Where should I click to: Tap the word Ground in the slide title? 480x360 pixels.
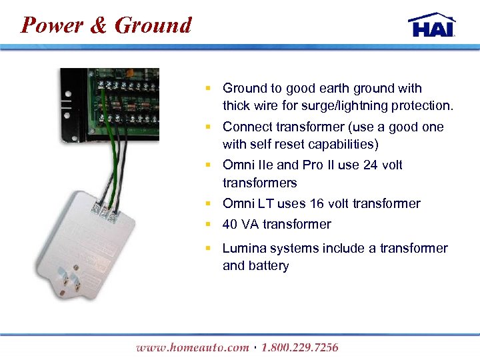pos(153,25)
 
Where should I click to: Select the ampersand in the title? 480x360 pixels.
pos(98,25)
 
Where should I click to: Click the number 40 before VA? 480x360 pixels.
pos(231,224)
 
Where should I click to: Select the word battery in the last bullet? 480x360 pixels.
pos(268,265)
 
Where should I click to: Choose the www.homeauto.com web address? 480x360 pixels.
pos(192,347)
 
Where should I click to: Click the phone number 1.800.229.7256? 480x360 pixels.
pos(300,347)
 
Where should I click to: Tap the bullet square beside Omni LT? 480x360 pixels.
pos(208,203)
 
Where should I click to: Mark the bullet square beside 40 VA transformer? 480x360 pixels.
pos(208,223)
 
